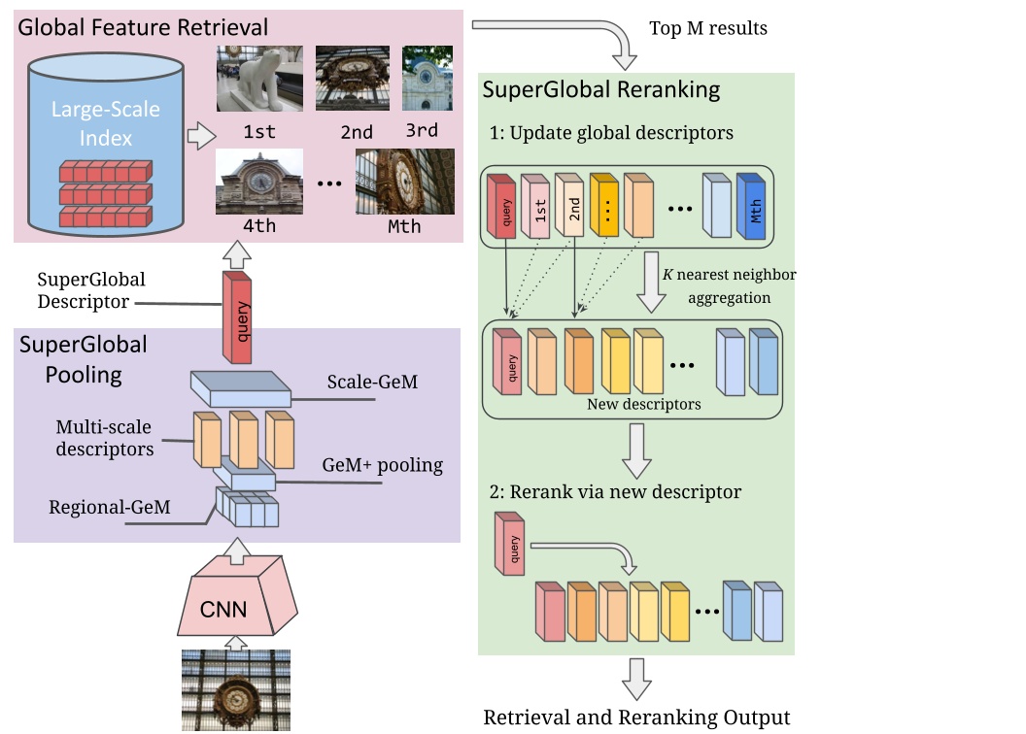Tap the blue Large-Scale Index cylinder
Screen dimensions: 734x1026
coord(106,146)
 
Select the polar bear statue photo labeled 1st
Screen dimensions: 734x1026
coord(259,79)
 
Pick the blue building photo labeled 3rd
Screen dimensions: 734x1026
coord(427,78)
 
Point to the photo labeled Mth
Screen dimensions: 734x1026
coord(404,182)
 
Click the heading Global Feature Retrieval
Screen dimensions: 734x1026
coord(144,26)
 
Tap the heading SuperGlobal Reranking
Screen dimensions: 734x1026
coord(601,90)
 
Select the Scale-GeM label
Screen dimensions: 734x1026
coord(372,382)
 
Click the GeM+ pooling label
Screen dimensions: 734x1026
coord(382,465)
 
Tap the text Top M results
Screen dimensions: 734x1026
coord(708,28)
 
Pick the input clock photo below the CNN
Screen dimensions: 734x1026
coord(236,690)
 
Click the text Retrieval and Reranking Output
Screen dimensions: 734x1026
coord(636,717)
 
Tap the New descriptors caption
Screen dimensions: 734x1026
coord(643,404)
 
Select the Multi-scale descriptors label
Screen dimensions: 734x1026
coord(105,437)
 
